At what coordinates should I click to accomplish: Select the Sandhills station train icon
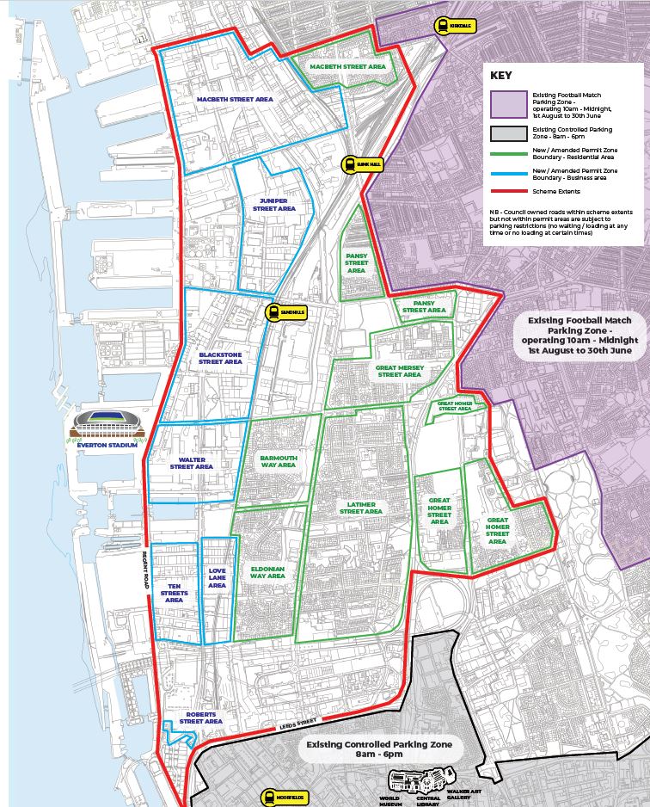coord(273,313)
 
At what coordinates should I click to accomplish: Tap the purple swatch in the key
coord(507,105)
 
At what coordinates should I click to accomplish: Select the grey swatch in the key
coord(507,133)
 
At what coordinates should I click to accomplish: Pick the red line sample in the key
coord(507,191)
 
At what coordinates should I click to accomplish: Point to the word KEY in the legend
coord(501,74)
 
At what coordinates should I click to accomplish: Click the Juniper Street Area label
coord(274,205)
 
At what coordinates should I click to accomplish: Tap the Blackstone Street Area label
coord(221,358)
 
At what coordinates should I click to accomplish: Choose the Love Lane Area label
coord(217,578)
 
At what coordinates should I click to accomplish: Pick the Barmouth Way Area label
coord(279,462)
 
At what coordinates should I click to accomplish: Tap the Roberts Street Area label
coord(201,718)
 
